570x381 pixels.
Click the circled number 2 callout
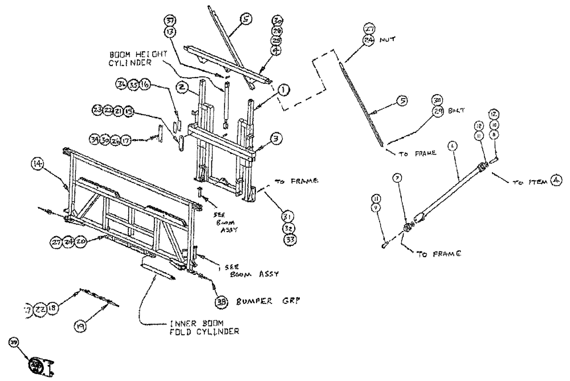click(197, 87)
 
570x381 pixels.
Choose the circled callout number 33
click(290, 240)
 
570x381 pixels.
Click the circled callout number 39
click(12, 341)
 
